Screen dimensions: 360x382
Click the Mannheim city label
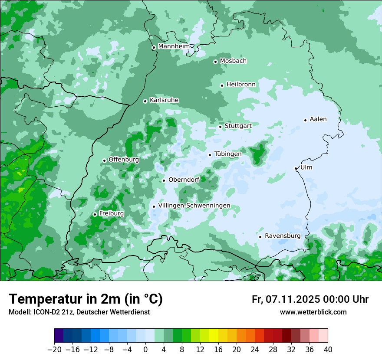click(174, 46)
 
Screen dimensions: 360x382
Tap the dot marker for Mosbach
click(215, 62)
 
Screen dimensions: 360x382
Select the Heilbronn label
click(241, 85)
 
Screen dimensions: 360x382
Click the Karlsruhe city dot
click(145, 101)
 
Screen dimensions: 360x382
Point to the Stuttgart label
click(238, 126)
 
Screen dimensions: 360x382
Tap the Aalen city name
click(318, 119)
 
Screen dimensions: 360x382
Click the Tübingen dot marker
click(210, 155)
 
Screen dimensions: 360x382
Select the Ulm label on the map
click(306, 167)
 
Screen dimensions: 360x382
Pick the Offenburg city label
click(124, 160)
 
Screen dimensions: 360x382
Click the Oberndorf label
click(184, 180)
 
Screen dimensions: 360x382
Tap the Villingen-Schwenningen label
click(194, 206)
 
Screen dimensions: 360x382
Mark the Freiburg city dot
click(95, 214)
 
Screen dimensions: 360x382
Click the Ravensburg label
click(283, 236)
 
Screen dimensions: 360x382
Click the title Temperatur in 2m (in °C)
click(86, 299)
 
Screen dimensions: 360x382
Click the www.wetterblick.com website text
click(313, 312)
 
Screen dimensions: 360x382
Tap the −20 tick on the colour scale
click(54, 349)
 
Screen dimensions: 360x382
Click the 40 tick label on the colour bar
click(328, 349)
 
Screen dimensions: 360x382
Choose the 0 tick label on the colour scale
click(145, 349)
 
